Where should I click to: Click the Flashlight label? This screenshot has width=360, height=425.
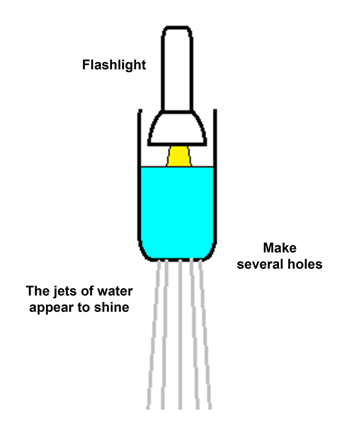pos(114,65)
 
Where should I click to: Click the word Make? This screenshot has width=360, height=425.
pos(280,248)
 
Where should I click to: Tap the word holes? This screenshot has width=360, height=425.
pos(308,265)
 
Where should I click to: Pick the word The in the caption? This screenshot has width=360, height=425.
pos(37,292)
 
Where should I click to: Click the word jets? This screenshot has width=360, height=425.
pos(65,292)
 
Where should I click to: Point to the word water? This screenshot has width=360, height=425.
pos(116,292)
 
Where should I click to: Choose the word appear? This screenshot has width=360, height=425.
pos(50,308)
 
